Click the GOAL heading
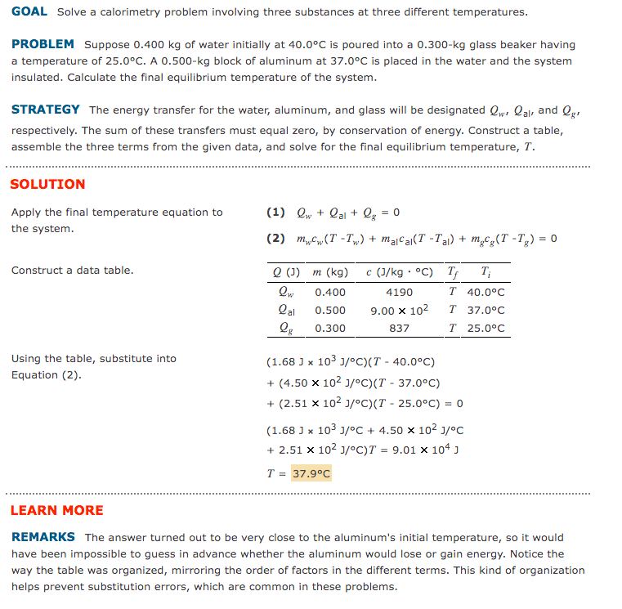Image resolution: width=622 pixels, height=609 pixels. [29, 12]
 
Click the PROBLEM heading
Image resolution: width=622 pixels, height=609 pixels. [43, 44]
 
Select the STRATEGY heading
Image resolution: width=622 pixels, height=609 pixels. [46, 110]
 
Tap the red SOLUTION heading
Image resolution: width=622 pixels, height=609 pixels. [47, 185]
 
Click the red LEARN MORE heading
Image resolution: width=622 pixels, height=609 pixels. [56, 510]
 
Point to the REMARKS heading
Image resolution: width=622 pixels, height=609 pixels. [43, 537]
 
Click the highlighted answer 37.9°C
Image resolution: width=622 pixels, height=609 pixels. [311, 473]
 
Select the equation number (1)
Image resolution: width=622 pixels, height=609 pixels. [275, 213]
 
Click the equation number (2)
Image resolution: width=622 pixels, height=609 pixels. [275, 239]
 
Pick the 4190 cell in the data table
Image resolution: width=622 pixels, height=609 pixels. [399, 292]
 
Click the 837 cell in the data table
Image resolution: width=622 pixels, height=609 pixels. [399, 329]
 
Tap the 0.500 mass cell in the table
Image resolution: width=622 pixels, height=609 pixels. [330, 311]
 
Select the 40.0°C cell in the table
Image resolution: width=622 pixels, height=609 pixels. [486, 292]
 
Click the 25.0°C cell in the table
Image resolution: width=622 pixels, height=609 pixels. [486, 329]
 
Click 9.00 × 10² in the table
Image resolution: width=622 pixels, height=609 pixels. [399, 311]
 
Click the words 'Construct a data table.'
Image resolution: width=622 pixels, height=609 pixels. [72, 271]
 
